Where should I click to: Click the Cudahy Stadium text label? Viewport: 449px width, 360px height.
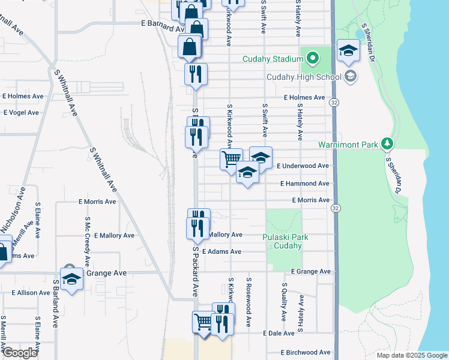(272, 59)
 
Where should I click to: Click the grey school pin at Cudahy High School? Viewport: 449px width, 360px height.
(351, 76)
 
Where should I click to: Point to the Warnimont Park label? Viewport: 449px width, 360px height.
(348, 145)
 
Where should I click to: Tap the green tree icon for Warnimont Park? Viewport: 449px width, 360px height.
(388, 144)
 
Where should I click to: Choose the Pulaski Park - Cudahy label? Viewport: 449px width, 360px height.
(286, 241)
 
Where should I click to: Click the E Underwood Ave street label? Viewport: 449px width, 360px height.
(303, 166)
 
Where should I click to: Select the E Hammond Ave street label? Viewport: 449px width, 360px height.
(304, 184)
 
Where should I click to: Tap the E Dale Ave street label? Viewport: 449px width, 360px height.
(279, 333)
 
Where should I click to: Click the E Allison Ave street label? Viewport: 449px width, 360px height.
(31, 293)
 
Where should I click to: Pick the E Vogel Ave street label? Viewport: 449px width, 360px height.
(20, 112)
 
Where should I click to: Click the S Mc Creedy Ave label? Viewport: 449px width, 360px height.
(87, 241)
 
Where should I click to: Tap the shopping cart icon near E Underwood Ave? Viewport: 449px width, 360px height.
(232, 160)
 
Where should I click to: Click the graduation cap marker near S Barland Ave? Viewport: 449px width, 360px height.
(72, 279)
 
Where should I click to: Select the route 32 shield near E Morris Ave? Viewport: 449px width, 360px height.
(335, 208)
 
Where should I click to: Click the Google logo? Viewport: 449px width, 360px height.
(20, 352)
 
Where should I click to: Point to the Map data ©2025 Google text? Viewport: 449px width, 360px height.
(412, 355)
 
